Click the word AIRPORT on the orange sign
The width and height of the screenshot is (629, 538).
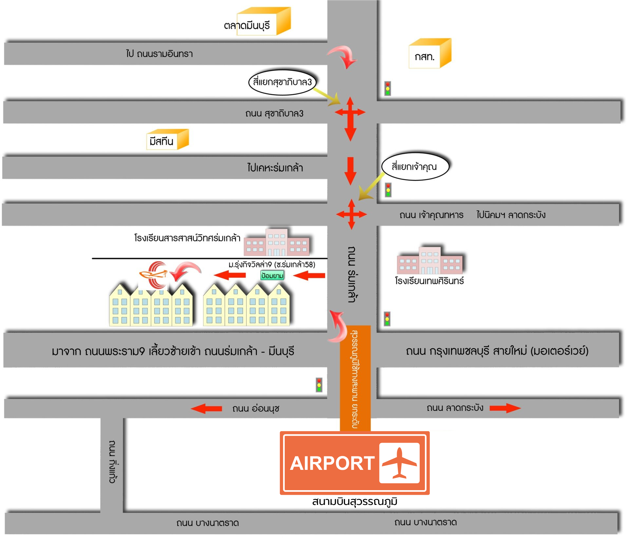click(x=332, y=463)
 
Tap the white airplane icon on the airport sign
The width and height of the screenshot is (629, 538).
click(x=399, y=463)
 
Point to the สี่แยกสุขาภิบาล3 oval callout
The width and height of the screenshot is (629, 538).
click(x=282, y=82)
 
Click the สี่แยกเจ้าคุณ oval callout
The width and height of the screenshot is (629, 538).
click(x=414, y=166)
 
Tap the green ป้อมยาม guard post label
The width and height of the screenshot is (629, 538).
click(x=272, y=276)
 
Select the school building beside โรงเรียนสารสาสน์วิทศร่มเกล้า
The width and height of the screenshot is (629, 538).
click(x=277, y=243)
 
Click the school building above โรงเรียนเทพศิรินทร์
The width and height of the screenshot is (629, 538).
click(x=430, y=261)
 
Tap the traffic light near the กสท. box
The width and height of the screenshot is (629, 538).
click(x=388, y=88)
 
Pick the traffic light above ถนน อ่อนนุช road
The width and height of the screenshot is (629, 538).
click(x=319, y=385)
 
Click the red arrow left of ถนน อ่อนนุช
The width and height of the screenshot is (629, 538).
click(x=206, y=409)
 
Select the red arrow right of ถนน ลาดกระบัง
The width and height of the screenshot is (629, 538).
click(x=505, y=408)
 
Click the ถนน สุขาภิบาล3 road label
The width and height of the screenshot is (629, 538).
click(x=274, y=114)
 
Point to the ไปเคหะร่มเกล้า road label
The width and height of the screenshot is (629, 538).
click(x=275, y=168)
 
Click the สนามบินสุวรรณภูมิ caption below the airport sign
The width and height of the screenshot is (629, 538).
click(x=354, y=501)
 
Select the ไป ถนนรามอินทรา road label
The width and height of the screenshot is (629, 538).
click(x=160, y=54)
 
